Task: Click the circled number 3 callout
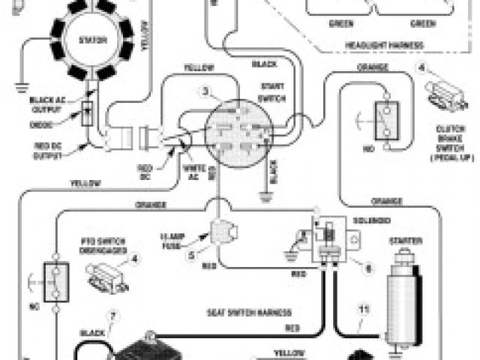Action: (207, 92)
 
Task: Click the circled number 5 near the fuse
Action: (191, 255)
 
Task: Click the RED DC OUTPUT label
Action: (46, 149)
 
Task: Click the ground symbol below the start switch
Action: (263, 198)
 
